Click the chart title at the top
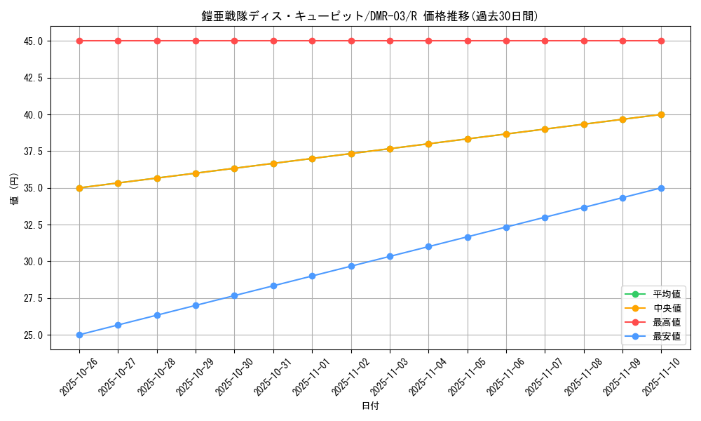pos(370,16)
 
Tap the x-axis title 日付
pos(370,406)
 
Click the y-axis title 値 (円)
pos(15,188)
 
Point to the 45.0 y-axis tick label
pos(32,41)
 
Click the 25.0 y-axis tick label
pos(32,335)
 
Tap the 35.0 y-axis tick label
pos(32,188)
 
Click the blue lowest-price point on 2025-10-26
pos(79,335)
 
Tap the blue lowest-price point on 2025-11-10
pos(661,188)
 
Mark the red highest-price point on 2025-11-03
pos(390,41)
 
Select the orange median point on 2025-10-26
pos(79,188)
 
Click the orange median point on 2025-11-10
pos(661,114)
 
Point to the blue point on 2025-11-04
pos(428,247)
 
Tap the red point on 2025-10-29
pos(196,41)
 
